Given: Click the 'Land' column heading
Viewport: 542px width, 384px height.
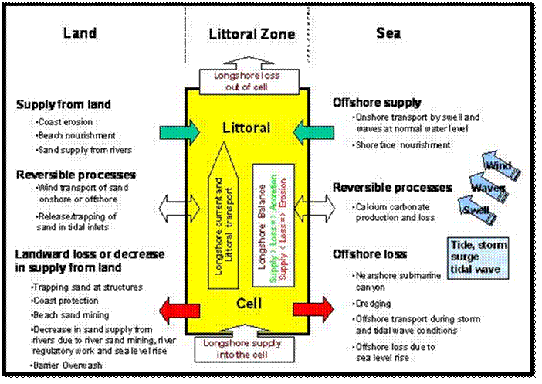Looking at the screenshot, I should point(80,33).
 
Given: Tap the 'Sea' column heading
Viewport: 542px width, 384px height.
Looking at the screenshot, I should point(389,33).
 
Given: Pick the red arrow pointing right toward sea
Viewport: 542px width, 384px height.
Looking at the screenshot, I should point(312,311).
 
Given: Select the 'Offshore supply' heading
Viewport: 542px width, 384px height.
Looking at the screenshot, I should point(376,102).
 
